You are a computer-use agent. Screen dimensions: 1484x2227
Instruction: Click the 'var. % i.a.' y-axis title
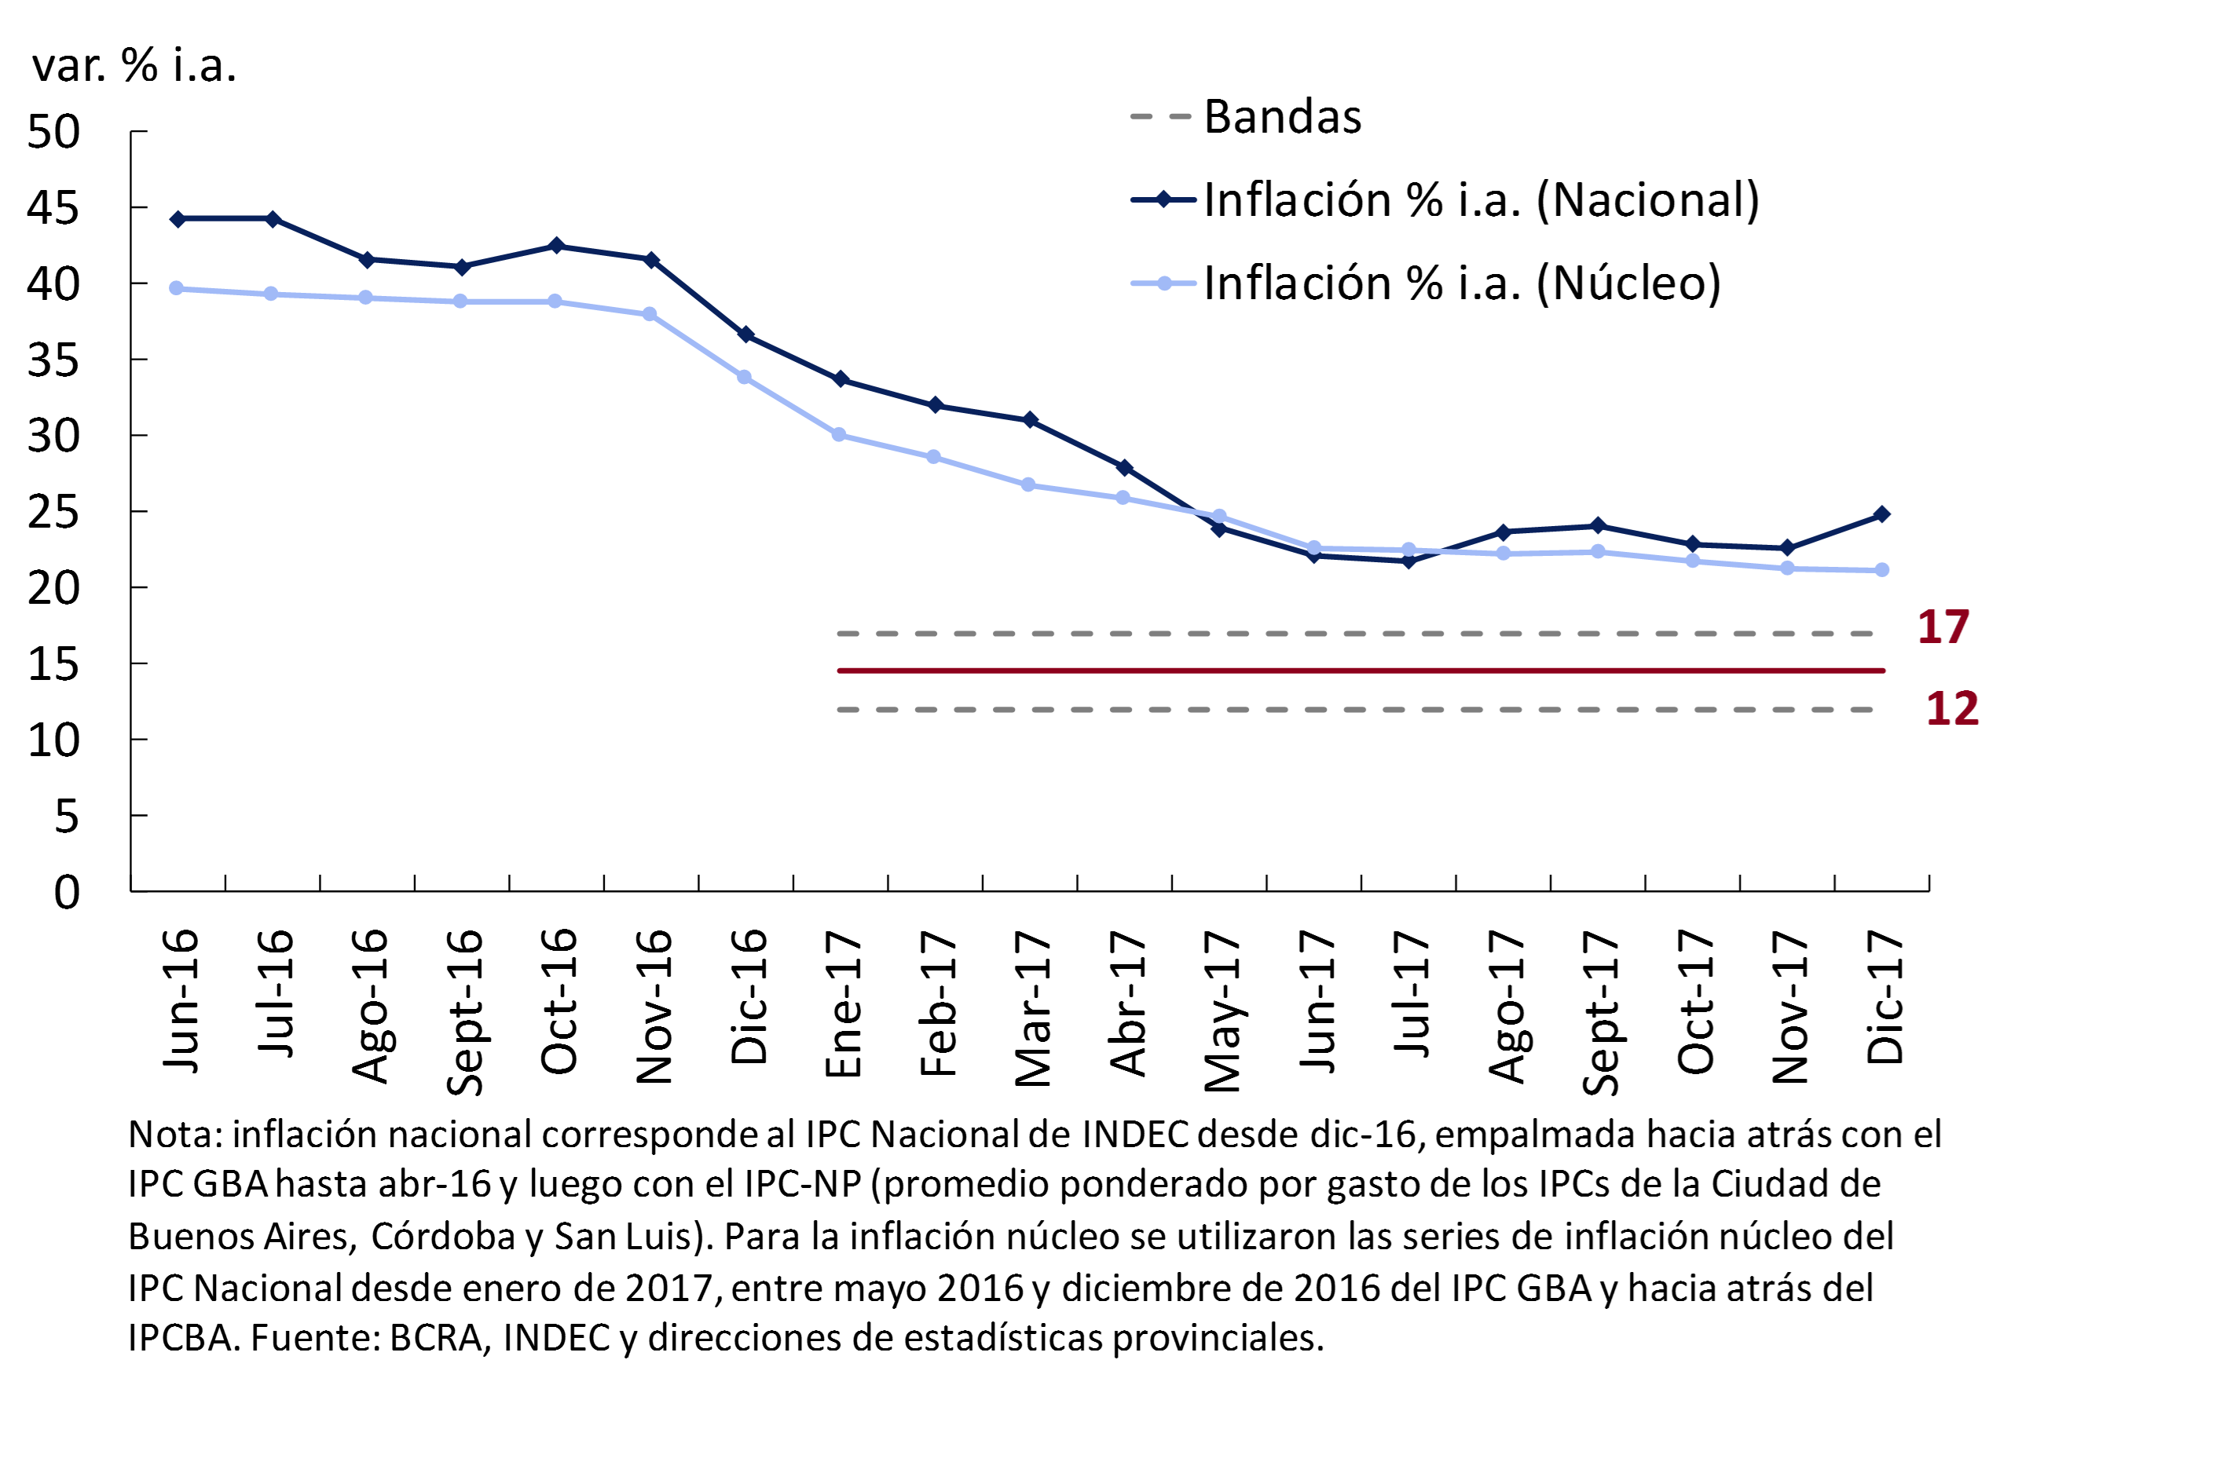coord(134,66)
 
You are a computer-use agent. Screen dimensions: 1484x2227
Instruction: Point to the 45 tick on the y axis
coord(53,208)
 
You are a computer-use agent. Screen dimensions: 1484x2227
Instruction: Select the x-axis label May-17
coord(1222,1011)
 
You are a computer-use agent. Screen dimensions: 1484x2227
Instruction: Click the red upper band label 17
coord(1943,627)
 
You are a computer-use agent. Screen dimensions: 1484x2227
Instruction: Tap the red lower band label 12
coord(1951,709)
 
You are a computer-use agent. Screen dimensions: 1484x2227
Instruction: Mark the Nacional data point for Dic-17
coord(1881,515)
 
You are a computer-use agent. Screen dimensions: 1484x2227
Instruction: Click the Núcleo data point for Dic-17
coord(1881,571)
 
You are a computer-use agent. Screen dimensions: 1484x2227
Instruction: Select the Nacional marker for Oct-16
coord(556,246)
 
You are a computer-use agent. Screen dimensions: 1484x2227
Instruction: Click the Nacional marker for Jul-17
coord(1408,561)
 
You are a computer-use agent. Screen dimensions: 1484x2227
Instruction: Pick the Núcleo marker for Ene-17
coord(839,435)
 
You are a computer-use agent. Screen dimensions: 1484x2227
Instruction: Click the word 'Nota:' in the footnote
coord(175,1135)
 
